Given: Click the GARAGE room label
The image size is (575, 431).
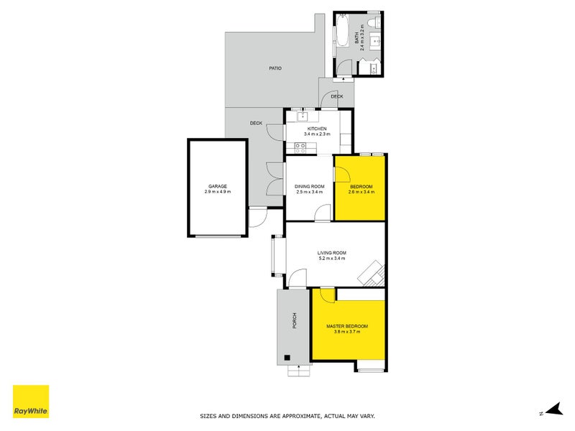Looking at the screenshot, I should (x=217, y=186).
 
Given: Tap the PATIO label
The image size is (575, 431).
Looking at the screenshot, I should (x=275, y=68).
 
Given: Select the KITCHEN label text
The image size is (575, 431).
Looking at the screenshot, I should (x=316, y=129).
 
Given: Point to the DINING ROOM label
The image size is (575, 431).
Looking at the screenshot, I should (x=308, y=186).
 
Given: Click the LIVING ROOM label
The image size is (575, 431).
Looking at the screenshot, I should (x=332, y=252).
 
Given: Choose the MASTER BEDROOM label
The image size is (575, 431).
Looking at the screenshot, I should (x=347, y=326).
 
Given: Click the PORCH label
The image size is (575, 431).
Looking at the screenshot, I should (x=294, y=321).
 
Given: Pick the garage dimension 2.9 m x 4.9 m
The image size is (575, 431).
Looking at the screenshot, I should (x=217, y=192).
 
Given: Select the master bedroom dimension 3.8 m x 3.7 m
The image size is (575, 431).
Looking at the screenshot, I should (x=347, y=332).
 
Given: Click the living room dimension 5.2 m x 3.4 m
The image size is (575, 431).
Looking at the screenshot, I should (x=332, y=259).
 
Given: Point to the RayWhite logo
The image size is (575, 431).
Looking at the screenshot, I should (x=31, y=402).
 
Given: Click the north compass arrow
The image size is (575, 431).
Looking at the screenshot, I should (x=552, y=409).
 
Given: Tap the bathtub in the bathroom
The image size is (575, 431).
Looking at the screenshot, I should (x=343, y=32).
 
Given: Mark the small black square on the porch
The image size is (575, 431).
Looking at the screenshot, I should (x=287, y=357).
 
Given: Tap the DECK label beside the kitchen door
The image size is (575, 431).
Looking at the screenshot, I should (x=256, y=123).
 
